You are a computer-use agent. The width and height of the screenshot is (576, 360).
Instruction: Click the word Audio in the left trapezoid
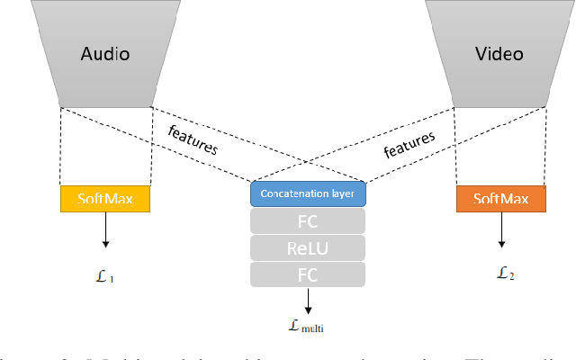point(105,53)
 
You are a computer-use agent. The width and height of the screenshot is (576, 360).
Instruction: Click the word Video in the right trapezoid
point(499,53)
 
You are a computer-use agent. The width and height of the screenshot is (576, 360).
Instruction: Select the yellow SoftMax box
point(105,199)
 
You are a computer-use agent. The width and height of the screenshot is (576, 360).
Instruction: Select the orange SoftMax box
point(499,199)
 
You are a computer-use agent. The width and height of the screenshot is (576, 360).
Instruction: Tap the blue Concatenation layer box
point(308,193)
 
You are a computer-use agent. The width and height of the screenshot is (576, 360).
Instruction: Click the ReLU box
point(308,247)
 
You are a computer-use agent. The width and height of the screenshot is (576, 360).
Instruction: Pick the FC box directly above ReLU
point(308,221)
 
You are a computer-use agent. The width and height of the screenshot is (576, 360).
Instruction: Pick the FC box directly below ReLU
point(308,274)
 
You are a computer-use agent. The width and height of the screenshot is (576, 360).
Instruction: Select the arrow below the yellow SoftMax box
point(105,230)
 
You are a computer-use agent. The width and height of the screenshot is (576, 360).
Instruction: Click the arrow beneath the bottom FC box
point(308,300)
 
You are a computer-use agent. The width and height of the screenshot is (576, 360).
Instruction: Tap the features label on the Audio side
point(193,139)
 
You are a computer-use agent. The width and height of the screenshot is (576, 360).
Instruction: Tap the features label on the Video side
point(409,144)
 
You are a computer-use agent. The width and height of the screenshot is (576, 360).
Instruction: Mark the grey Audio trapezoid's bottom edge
point(105,107)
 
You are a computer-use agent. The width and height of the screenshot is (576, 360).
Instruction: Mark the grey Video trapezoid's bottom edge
point(499,107)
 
